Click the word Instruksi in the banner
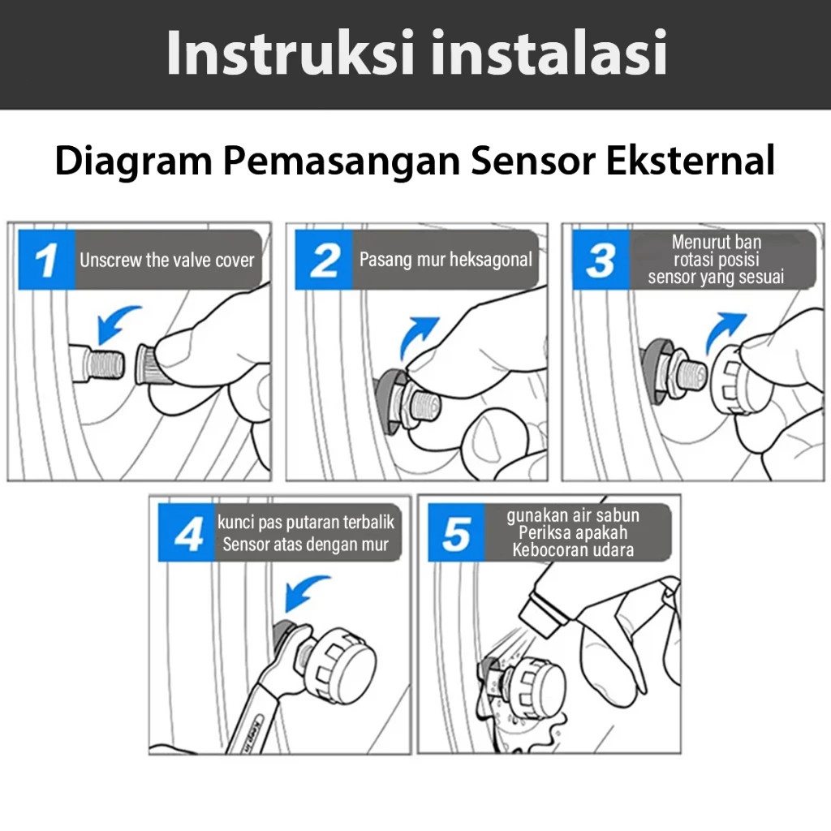click(290, 53)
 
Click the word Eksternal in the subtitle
click(691, 160)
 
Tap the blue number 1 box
click(46, 260)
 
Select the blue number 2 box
click(324, 260)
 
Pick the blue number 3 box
click(601, 260)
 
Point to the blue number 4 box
click(187, 532)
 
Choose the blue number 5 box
click(456, 532)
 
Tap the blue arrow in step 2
click(415, 335)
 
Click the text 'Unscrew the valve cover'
click(167, 260)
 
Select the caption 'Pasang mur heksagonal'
click(446, 260)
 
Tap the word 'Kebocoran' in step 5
click(549, 549)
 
